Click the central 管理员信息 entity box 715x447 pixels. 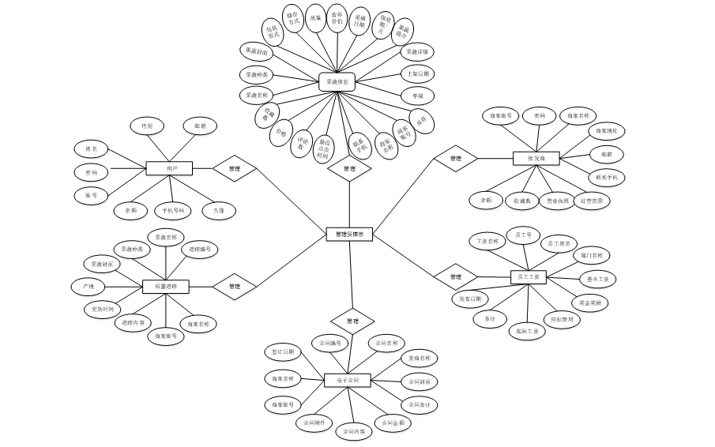coord(349,234)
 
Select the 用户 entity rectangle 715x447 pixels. coord(170,168)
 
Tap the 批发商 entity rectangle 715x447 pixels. coord(536,159)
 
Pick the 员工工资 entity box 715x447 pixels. coord(529,276)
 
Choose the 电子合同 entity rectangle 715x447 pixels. coord(348,381)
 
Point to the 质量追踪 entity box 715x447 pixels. coord(166,286)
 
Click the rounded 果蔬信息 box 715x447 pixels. coord(338,81)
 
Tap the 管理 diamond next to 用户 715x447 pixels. coord(235,167)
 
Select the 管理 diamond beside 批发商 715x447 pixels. coord(456,159)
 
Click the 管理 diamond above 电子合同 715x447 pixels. coord(352,321)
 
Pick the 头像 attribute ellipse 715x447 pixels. coord(219,211)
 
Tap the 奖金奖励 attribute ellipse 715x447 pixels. coord(589,302)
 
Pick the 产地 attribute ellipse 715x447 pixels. coord(88,285)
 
